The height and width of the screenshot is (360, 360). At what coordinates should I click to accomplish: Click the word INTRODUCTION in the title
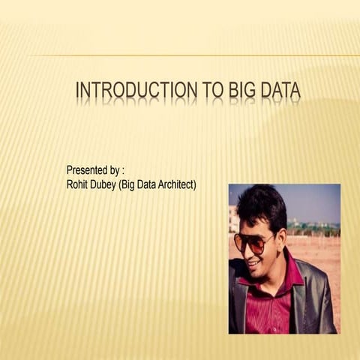pos(138,91)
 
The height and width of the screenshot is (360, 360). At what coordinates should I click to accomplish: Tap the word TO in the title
pos(216,91)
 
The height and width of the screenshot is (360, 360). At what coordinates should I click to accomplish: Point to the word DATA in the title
pos(282,91)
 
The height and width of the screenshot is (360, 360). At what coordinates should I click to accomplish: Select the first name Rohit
pos(78,184)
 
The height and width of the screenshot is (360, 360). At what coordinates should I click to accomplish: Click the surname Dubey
pos(105,184)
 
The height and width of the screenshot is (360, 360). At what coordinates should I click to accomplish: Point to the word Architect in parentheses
pos(173,184)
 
